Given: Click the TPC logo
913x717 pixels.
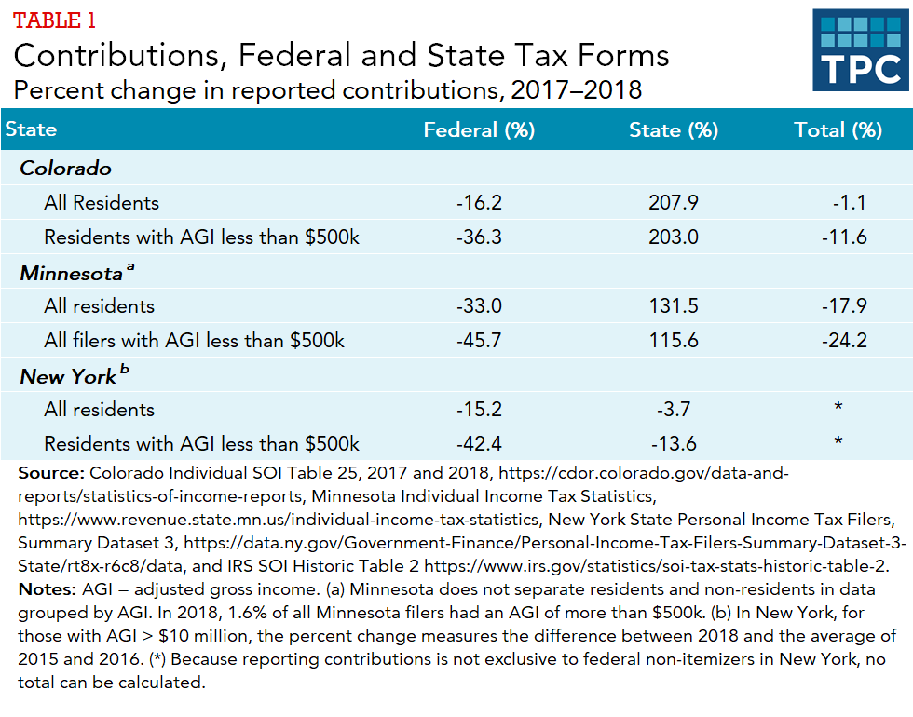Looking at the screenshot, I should [860, 50].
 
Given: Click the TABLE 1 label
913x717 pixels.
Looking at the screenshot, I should [54, 20].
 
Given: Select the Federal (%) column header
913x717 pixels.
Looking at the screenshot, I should [479, 130].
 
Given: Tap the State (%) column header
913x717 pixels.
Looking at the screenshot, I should [674, 130].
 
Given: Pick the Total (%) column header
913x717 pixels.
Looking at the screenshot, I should [838, 130].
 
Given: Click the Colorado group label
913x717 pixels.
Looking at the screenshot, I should [66, 169].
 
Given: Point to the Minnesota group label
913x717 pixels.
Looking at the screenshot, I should [72, 273].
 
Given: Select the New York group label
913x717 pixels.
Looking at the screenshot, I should [68, 376].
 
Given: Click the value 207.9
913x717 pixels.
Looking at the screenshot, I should [674, 203].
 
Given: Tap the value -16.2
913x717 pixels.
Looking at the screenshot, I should [479, 203].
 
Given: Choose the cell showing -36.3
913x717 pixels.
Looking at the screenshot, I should [479, 237].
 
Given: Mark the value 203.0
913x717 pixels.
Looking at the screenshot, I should [674, 237].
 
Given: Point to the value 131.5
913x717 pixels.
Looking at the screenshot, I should [674, 306].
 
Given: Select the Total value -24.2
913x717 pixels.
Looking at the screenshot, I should [844, 341].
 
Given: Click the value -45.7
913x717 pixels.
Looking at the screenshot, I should [479, 341].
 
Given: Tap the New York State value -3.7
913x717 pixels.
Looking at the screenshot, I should [674, 410].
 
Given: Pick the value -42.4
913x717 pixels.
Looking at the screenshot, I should [479, 444].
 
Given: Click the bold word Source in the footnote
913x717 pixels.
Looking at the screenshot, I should [50, 474].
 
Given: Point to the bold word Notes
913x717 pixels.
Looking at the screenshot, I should [45, 591].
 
